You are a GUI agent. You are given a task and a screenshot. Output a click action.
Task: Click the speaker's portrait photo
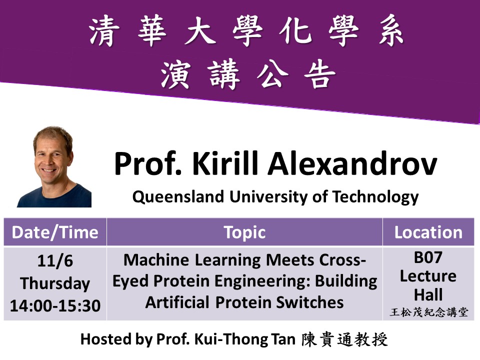[x=54, y=167]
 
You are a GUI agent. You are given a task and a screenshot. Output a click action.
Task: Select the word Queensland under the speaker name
[x=178, y=197]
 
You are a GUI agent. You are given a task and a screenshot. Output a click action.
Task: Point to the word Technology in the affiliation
[x=375, y=197]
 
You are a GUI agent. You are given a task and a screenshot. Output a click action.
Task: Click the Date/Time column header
[x=55, y=232]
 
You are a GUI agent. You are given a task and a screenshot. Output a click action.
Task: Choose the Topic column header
[x=244, y=232]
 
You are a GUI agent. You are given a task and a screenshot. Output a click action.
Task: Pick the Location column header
[x=428, y=232]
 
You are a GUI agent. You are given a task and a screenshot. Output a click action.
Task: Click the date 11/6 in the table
[x=55, y=261]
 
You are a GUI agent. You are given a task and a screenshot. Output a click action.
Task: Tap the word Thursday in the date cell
[x=55, y=283]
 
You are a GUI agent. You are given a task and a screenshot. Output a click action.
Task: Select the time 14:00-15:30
[x=55, y=306]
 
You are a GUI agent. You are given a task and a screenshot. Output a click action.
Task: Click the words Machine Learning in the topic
[x=192, y=260]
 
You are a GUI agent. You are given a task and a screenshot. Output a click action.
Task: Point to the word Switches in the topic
[x=310, y=302]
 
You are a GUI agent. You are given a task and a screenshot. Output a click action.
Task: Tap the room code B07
[x=428, y=257]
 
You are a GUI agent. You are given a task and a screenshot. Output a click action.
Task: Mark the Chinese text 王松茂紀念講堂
[x=429, y=312]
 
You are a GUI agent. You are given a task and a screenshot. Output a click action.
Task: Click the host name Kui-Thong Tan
[x=245, y=339]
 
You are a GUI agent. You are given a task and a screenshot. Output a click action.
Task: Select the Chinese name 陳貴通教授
[x=344, y=339]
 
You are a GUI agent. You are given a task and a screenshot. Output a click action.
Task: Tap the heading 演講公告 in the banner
[x=248, y=74]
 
